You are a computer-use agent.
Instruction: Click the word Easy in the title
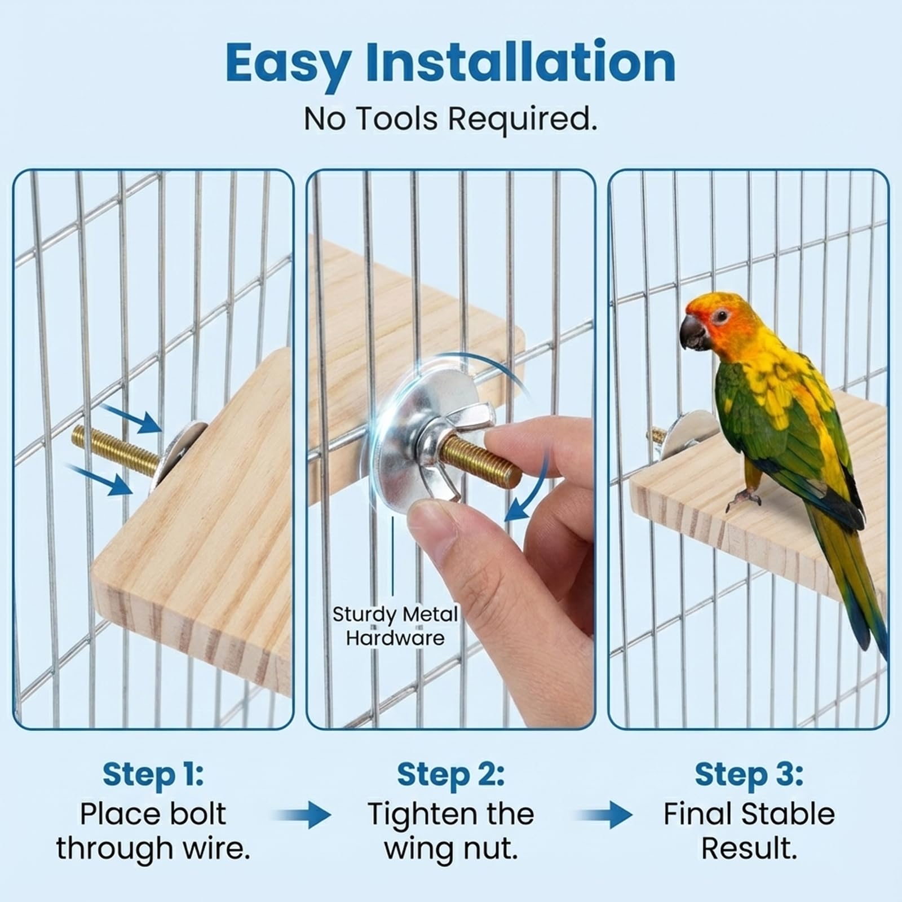click(289, 64)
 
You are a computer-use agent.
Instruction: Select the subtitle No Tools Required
click(450, 119)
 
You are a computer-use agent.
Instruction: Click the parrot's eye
click(720, 316)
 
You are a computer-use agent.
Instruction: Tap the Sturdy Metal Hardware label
click(395, 626)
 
